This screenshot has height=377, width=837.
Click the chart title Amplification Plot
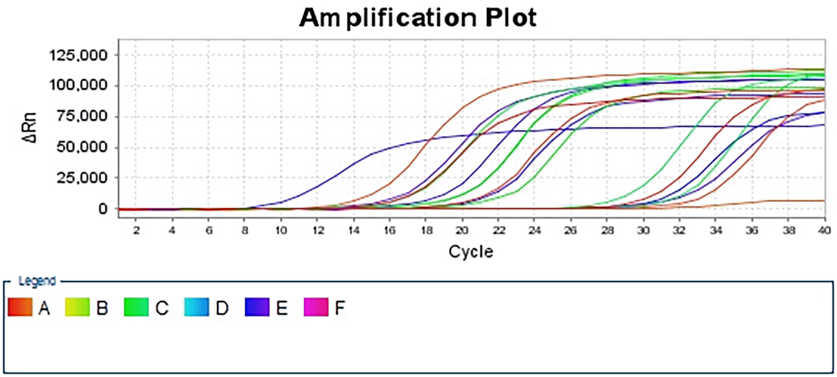click(x=418, y=18)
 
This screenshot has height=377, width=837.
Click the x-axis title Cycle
click(x=471, y=251)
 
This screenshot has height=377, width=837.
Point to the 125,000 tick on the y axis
click(x=78, y=55)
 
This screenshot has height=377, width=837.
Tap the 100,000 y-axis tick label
click(x=78, y=85)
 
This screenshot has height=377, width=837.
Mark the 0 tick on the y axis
click(x=103, y=208)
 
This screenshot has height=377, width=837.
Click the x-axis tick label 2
click(x=136, y=231)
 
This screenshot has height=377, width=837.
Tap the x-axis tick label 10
click(x=281, y=231)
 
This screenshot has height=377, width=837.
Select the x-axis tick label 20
click(x=461, y=231)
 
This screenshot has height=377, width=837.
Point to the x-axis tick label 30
click(x=643, y=231)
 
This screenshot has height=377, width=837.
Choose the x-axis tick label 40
click(x=824, y=231)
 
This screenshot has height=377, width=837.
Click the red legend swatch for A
click(x=20, y=307)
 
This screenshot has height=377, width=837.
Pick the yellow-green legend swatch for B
click(x=77, y=307)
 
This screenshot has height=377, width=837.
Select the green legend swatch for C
click(x=136, y=307)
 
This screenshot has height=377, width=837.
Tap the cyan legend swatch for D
click(x=197, y=307)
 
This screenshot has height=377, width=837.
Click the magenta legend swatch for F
click(x=316, y=307)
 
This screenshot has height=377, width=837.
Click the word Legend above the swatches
click(x=37, y=281)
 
